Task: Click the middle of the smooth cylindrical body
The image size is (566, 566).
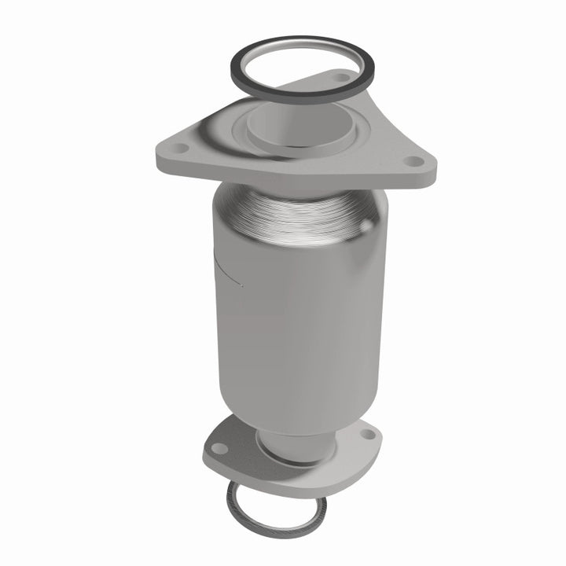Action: point(295,314)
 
